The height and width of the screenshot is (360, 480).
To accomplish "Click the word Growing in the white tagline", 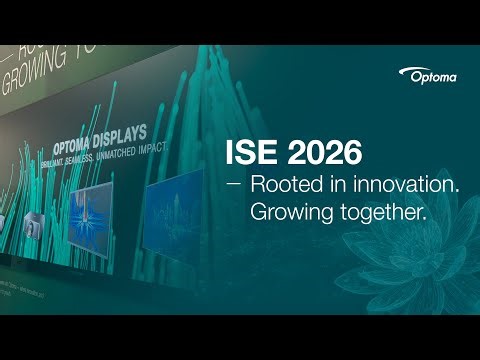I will pos(290,212).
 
